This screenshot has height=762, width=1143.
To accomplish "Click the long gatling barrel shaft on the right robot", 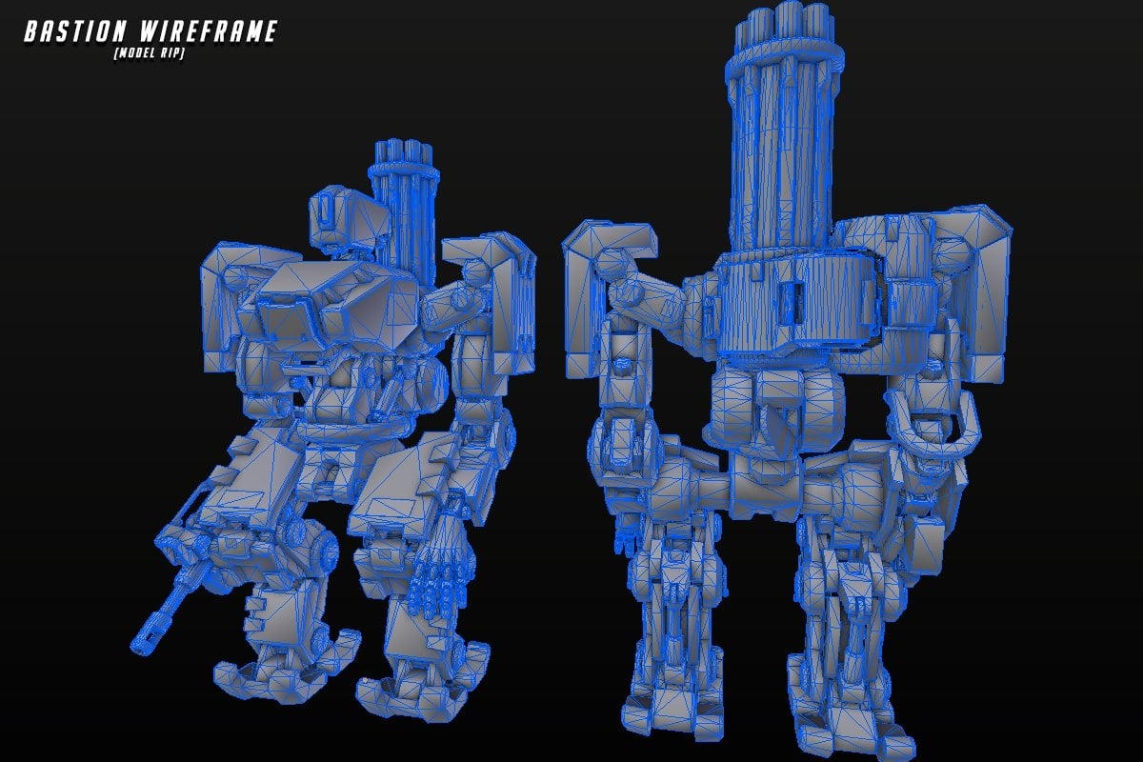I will coord(781,152).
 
